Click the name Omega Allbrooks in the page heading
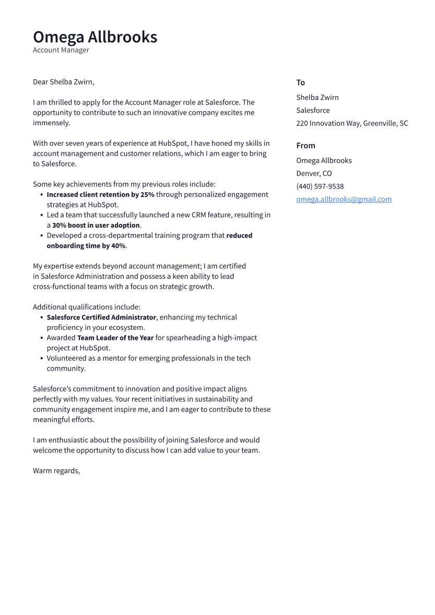[95, 37]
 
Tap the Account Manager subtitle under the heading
[61, 50]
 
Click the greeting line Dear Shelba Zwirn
[63, 82]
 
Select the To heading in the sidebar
[300, 82]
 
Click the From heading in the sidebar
[305, 146]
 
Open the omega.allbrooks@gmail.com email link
[344, 199]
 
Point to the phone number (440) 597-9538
[320, 186]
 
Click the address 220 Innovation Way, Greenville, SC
[352, 123]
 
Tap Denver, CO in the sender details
[314, 173]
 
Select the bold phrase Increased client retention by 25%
[100, 195]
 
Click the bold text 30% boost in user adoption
[96, 226]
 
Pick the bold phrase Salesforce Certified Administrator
[101, 317]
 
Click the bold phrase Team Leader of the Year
[115, 338]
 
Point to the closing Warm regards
[56, 471]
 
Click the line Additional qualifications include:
[87, 307]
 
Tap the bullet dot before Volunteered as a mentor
[41, 359]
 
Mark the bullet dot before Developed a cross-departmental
[41, 236]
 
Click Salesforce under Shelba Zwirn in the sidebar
[313, 110]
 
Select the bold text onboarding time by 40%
[86, 246]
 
